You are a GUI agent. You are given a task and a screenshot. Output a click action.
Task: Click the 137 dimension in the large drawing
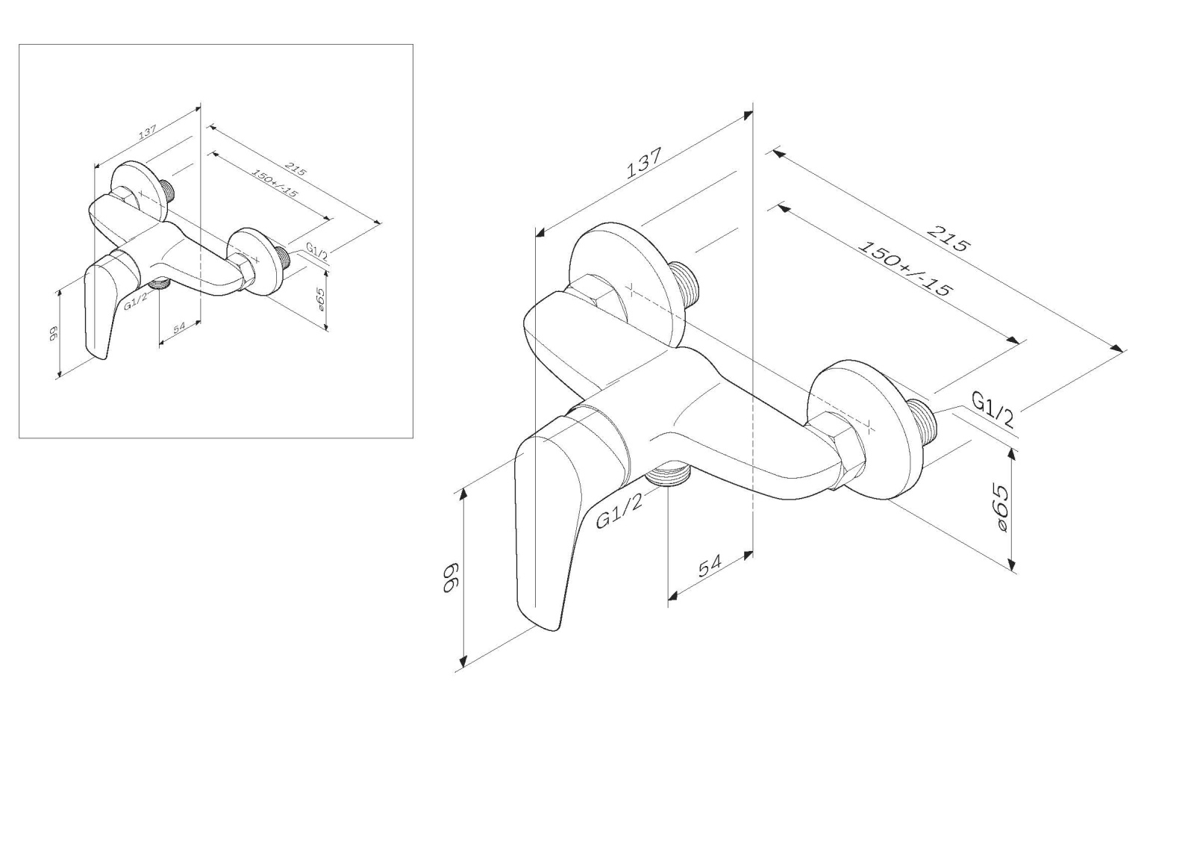[x=643, y=162]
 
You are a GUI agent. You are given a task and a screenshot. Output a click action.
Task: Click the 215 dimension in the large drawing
[x=947, y=238]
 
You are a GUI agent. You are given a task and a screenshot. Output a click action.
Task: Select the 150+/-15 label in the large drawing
[x=904, y=268]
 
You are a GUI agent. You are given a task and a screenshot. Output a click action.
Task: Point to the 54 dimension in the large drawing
[x=710, y=565]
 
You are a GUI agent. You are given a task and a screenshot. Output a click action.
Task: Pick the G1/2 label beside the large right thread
[x=993, y=408]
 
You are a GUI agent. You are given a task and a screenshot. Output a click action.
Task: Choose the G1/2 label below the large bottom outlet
[x=619, y=511]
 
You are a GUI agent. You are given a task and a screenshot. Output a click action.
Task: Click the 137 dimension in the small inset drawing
[x=147, y=131]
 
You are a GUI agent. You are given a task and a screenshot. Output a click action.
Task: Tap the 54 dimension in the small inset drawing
[x=179, y=326]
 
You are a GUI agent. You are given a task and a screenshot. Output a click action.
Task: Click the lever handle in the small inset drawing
[x=103, y=306]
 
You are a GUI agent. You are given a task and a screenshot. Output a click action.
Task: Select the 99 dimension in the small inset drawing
[x=53, y=334]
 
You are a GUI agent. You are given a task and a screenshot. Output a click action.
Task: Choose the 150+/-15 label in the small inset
[x=274, y=183]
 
